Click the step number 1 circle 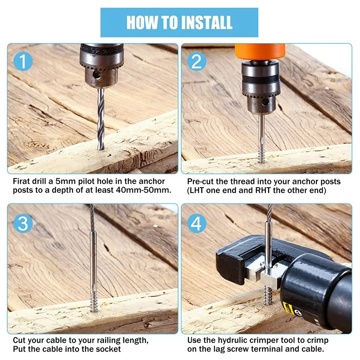pyautogui.click(x=23, y=61)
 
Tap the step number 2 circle pyautogui.click(x=197, y=61)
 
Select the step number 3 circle pyautogui.click(x=23, y=223)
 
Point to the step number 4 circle pyautogui.click(x=197, y=223)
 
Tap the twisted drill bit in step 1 pyautogui.click(x=100, y=119)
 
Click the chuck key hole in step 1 pyautogui.click(x=97, y=75)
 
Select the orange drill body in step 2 pyautogui.click(x=260, y=52)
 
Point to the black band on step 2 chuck pyautogui.click(x=260, y=81)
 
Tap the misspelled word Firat pyautogui.click(x=22, y=181)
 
